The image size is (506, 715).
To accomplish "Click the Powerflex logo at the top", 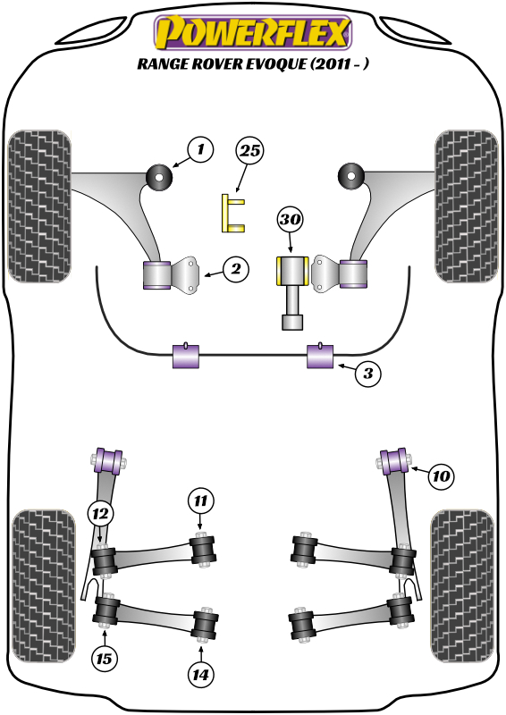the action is [x=253, y=32].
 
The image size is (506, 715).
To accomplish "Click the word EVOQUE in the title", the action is [x=276, y=63].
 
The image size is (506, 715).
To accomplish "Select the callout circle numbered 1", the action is [x=201, y=149].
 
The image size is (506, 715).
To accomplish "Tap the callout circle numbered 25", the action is [x=250, y=150].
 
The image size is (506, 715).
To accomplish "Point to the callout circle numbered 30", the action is [x=291, y=220].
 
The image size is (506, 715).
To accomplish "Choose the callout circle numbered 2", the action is [x=236, y=269].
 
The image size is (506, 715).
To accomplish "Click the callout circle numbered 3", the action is [x=367, y=374].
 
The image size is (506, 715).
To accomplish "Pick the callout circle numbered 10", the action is [x=441, y=476].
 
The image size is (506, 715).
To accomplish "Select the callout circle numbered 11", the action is [x=201, y=501].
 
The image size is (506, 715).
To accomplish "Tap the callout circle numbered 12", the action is [x=100, y=514].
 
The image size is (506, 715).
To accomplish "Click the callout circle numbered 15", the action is [x=105, y=659].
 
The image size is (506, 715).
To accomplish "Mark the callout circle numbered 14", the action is [x=201, y=674].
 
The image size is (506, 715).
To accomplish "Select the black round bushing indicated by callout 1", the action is [x=159, y=177].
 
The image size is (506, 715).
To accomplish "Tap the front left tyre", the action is [x=39, y=206].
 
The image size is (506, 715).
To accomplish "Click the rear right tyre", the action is [x=462, y=587].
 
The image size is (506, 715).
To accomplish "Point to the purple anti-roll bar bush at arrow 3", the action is [x=320, y=356].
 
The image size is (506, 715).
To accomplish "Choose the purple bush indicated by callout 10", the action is [x=394, y=461].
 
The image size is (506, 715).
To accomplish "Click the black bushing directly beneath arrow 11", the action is [x=202, y=551].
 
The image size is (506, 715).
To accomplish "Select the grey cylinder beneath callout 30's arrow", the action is [x=292, y=292].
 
